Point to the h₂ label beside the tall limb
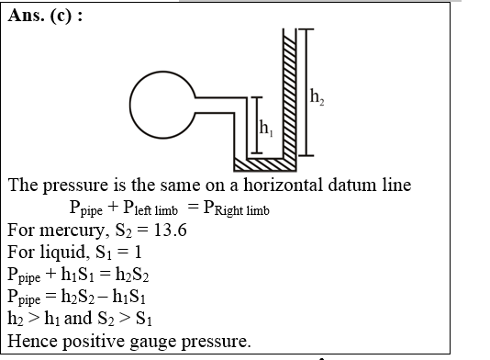pos(317,96)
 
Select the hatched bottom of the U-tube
pos(266,164)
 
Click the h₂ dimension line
pos(306,92)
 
